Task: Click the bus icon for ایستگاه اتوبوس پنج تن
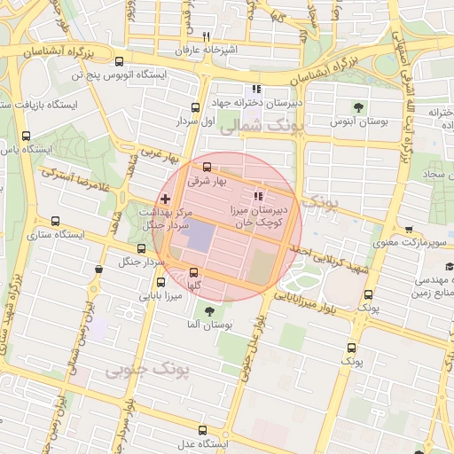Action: coord(120,61)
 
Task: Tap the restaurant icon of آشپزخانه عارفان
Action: coord(206,36)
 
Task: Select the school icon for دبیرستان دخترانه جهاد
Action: coord(256,89)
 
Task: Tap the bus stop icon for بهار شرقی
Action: coord(207,167)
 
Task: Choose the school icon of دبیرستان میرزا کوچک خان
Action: coord(258,196)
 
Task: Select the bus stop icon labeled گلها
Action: coord(194,272)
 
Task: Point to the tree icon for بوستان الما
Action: coord(209,311)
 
